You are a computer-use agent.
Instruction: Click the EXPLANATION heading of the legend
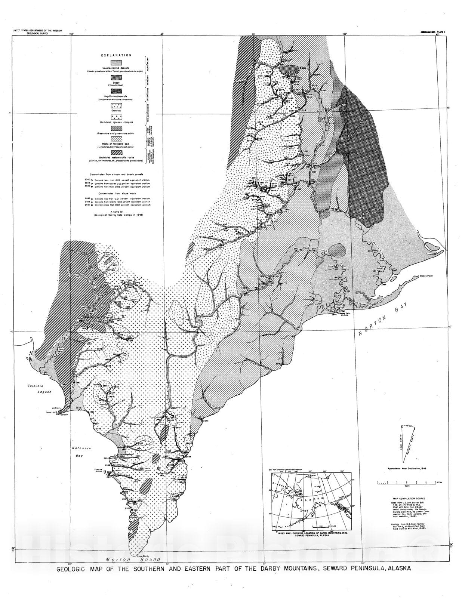click(116, 55)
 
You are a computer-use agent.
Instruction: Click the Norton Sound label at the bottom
click(133, 560)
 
